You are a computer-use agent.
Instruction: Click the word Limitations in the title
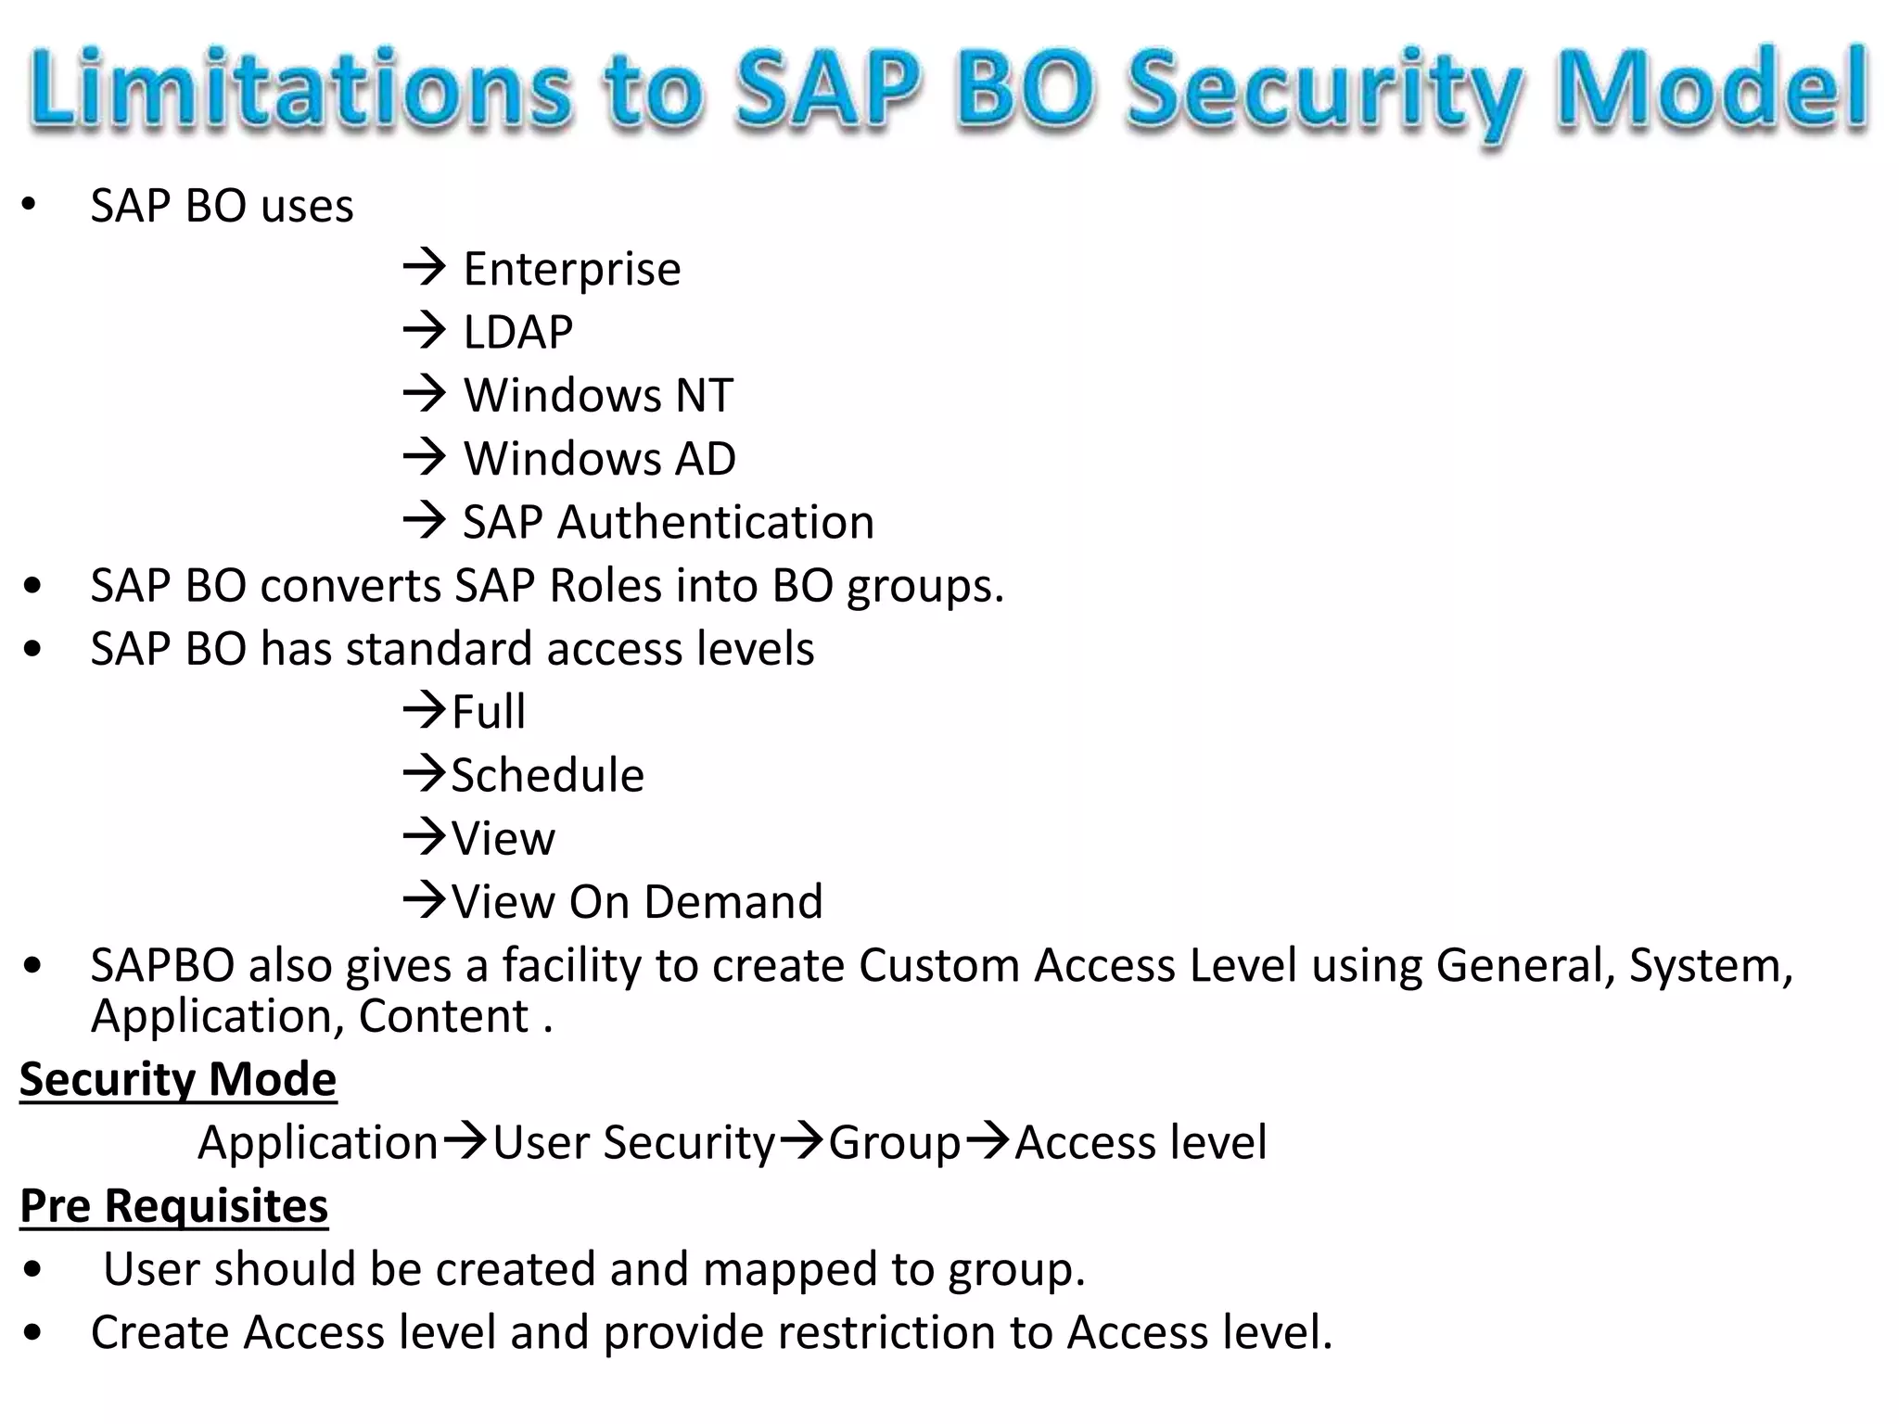click(301, 90)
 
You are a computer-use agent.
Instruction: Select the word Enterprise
click(571, 270)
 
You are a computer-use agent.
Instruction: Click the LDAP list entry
click(517, 333)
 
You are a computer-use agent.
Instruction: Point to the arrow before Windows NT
click(425, 393)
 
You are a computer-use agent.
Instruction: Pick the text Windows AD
click(599, 459)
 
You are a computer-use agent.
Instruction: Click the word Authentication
click(715, 522)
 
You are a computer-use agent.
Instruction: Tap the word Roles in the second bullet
click(605, 586)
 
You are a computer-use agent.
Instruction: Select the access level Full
click(488, 712)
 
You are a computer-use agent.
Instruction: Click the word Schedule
click(547, 775)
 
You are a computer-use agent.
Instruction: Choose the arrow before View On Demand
click(425, 899)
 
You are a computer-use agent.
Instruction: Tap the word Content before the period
click(443, 1016)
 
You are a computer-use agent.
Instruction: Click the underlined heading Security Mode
click(178, 1079)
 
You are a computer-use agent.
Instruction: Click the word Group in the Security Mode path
click(894, 1143)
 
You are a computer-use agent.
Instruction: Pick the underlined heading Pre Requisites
click(174, 1206)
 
